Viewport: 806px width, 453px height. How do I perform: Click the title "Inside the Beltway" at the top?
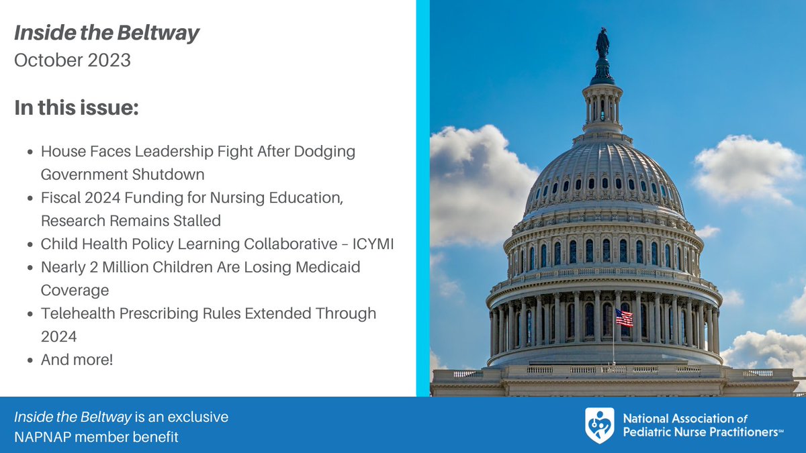tap(107, 34)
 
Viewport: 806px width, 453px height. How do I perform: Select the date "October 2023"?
tap(73, 60)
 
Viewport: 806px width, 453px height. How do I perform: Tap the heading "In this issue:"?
tap(77, 107)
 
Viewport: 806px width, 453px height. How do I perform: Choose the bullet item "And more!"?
tap(77, 359)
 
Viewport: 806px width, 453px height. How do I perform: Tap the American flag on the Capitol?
tap(624, 317)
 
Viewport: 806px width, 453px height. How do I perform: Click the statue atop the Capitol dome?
tap(602, 44)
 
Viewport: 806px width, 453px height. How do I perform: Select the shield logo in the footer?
tap(599, 425)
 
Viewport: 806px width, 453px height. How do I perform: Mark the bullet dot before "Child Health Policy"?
tap(31, 244)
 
